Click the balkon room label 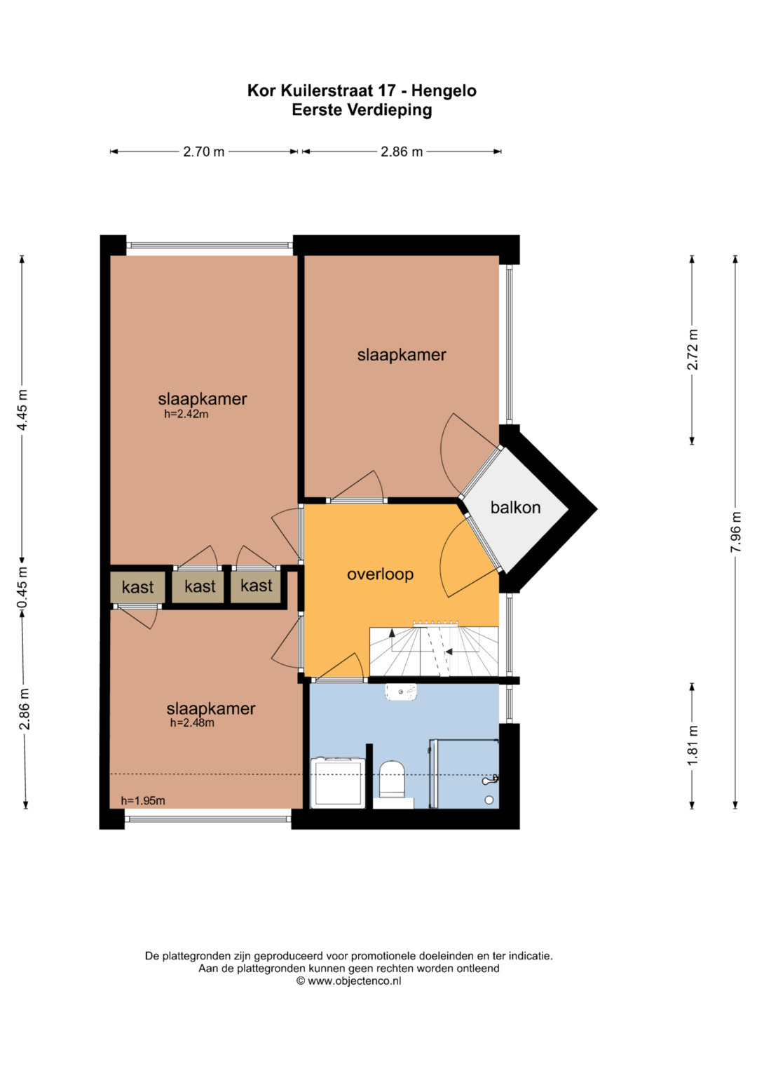[x=515, y=507]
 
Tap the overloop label [x=380, y=574]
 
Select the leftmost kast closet [x=137, y=586]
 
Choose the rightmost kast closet [x=256, y=586]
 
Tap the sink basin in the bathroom [x=401, y=692]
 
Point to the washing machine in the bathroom [x=338, y=782]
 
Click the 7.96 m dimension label [x=735, y=532]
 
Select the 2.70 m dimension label [x=203, y=151]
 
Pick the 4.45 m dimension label [x=22, y=410]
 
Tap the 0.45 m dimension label [x=22, y=588]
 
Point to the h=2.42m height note [x=186, y=414]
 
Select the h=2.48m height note [x=192, y=722]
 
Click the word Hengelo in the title [x=444, y=91]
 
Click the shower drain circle [x=489, y=800]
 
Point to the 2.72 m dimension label [x=693, y=349]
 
